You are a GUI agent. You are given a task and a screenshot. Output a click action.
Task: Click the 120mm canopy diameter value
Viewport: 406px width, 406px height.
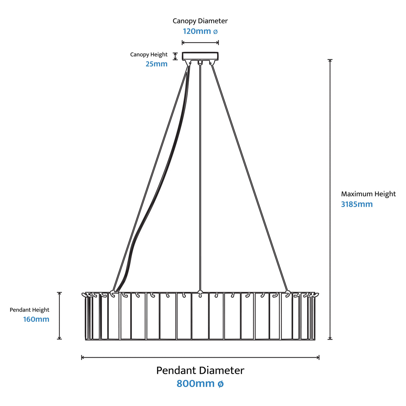pos(200,31)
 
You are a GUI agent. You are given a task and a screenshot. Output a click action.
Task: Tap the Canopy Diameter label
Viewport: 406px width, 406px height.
pos(200,21)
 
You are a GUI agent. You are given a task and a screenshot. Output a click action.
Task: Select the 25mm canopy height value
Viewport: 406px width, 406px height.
pos(157,64)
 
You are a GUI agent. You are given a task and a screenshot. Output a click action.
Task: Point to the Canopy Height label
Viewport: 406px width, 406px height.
pos(149,54)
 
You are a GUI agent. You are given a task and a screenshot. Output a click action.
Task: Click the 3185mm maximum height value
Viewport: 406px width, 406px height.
pos(357,204)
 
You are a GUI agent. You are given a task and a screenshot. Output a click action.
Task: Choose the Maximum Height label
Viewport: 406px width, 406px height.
pos(368,194)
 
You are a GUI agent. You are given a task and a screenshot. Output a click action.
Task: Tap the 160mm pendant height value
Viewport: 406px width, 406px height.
pos(36,319)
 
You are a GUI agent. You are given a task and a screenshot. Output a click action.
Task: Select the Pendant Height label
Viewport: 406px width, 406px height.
pos(29,310)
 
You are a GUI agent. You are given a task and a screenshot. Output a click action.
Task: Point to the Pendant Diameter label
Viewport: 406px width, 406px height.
pos(200,370)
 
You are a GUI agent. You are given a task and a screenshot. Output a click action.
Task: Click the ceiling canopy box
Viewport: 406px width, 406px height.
pos(200,56)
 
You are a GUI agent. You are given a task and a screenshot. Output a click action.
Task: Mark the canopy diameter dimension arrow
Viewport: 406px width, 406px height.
pos(200,43)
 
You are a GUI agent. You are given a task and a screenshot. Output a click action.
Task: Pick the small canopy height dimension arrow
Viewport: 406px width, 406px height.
pos(175,56)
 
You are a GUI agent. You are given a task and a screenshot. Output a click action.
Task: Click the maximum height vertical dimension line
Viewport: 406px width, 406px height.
pos(330,199)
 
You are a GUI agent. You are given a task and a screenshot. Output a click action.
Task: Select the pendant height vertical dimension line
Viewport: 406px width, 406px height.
pos(60,316)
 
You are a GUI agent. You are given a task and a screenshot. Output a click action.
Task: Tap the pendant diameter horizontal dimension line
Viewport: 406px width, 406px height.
pos(200,357)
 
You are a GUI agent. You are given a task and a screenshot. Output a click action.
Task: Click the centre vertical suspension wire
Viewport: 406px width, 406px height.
pos(200,177)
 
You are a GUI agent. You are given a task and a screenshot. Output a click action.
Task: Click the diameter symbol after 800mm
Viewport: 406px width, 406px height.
pos(220,384)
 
